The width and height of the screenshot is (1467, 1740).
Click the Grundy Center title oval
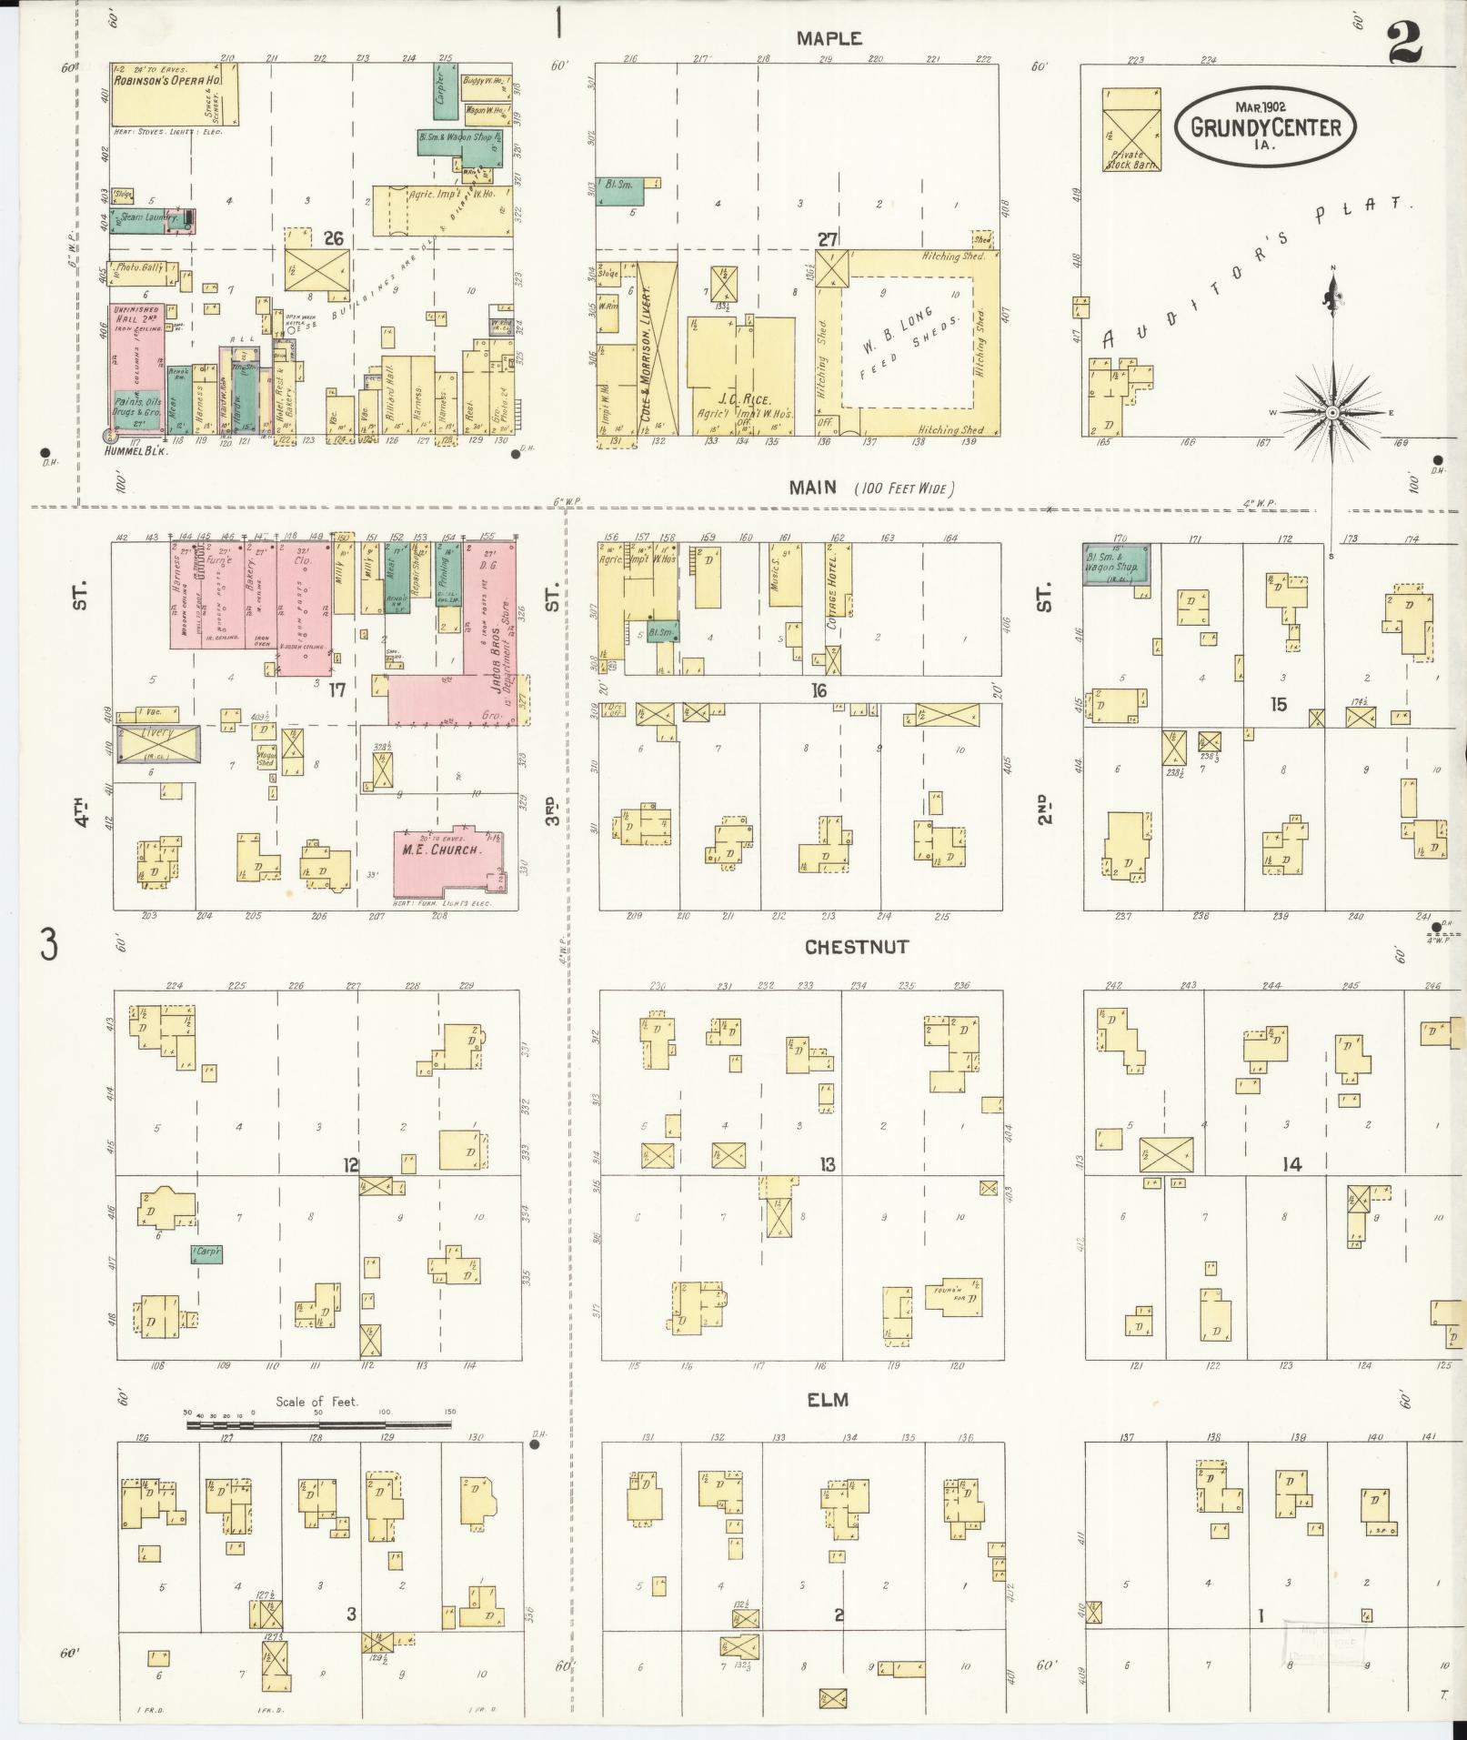[x=1265, y=126]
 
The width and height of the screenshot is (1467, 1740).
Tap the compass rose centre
[x=1331, y=413]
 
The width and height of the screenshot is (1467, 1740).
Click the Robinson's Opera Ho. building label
[x=168, y=81]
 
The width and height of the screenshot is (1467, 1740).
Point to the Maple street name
[x=829, y=38]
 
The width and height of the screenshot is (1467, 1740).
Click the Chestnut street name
[x=856, y=947]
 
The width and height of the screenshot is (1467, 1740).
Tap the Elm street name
[x=827, y=1400]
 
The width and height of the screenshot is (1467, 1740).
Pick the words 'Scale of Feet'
[x=317, y=1402]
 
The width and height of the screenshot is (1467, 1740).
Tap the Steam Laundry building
[x=149, y=219]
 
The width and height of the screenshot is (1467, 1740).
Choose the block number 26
[x=334, y=238]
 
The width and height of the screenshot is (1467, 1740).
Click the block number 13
[x=827, y=1164]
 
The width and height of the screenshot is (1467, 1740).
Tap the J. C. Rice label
[x=744, y=399]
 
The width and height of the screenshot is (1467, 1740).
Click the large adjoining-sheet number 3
[x=47, y=943]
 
